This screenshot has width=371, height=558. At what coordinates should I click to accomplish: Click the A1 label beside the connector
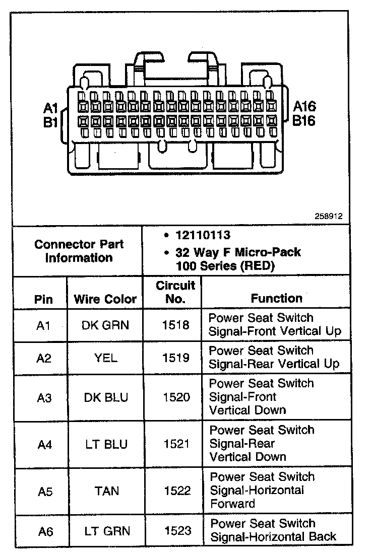click(51, 108)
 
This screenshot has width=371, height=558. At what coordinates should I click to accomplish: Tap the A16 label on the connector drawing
click(304, 107)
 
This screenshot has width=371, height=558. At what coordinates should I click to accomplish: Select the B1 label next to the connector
click(50, 122)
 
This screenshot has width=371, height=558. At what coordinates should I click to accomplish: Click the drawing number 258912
click(329, 216)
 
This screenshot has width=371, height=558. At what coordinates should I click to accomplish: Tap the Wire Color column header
click(105, 299)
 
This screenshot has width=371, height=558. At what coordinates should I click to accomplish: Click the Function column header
click(276, 298)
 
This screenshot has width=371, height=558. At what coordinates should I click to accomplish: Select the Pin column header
click(43, 299)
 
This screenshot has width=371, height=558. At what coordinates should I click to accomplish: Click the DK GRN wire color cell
click(105, 325)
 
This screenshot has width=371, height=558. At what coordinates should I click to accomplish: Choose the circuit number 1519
click(176, 358)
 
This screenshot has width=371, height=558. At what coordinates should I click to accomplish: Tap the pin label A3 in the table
click(44, 398)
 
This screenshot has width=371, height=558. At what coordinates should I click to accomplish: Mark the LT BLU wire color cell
click(105, 445)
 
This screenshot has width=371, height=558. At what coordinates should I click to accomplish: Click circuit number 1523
click(177, 530)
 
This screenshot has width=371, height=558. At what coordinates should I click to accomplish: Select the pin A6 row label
click(45, 531)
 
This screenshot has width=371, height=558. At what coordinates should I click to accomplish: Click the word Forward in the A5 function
click(232, 504)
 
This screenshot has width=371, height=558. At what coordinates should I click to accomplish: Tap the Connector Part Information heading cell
click(79, 251)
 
